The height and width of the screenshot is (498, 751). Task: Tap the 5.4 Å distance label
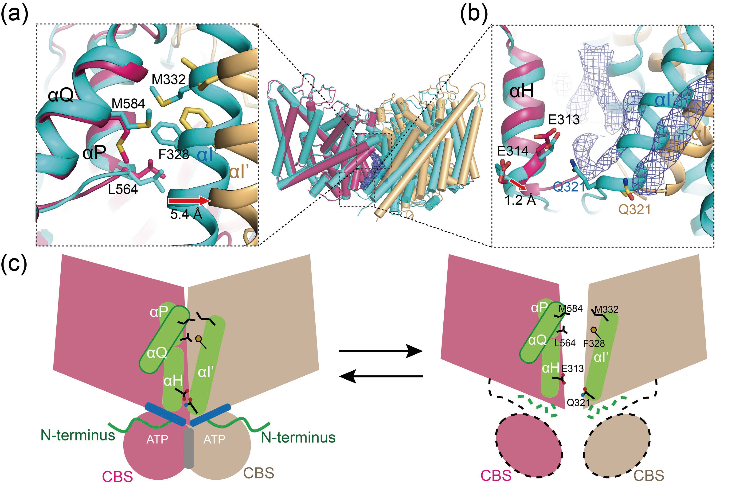pos(186,214)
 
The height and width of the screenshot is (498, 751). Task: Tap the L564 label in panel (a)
pos(123,189)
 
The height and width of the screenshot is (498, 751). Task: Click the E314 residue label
pos(513,151)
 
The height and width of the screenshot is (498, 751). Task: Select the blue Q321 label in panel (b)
pos(569,187)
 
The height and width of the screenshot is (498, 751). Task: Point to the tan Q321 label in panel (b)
pos(634,209)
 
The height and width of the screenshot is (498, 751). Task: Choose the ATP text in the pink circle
pos(157,439)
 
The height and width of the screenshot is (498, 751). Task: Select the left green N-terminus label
pos(78,435)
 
